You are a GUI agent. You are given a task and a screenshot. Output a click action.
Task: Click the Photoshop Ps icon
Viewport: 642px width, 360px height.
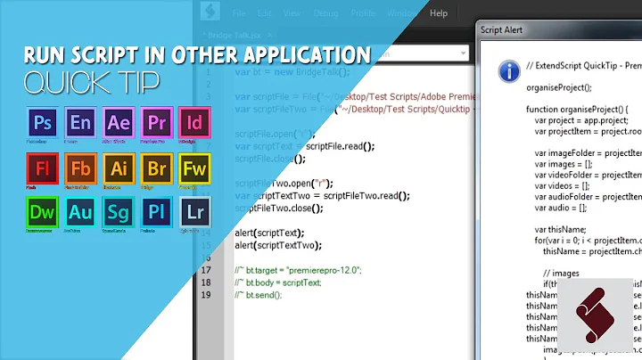coord(42,124)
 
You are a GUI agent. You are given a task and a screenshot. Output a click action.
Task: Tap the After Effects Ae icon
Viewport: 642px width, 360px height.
coord(119,124)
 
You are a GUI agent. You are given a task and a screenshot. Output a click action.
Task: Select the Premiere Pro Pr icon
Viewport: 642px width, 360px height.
coord(157,124)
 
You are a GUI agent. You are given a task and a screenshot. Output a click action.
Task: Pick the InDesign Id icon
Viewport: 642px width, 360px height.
coord(194,124)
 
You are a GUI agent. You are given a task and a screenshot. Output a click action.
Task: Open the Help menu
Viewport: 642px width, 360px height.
coord(439,13)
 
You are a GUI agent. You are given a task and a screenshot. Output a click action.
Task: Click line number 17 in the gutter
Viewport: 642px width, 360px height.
coord(206,270)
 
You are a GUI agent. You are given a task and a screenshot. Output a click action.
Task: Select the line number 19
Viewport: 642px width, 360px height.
coord(206,294)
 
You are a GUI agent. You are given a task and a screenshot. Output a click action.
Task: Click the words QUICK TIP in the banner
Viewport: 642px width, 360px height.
coord(93,82)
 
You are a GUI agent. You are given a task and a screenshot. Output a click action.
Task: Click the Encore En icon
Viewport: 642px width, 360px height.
coord(80,124)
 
